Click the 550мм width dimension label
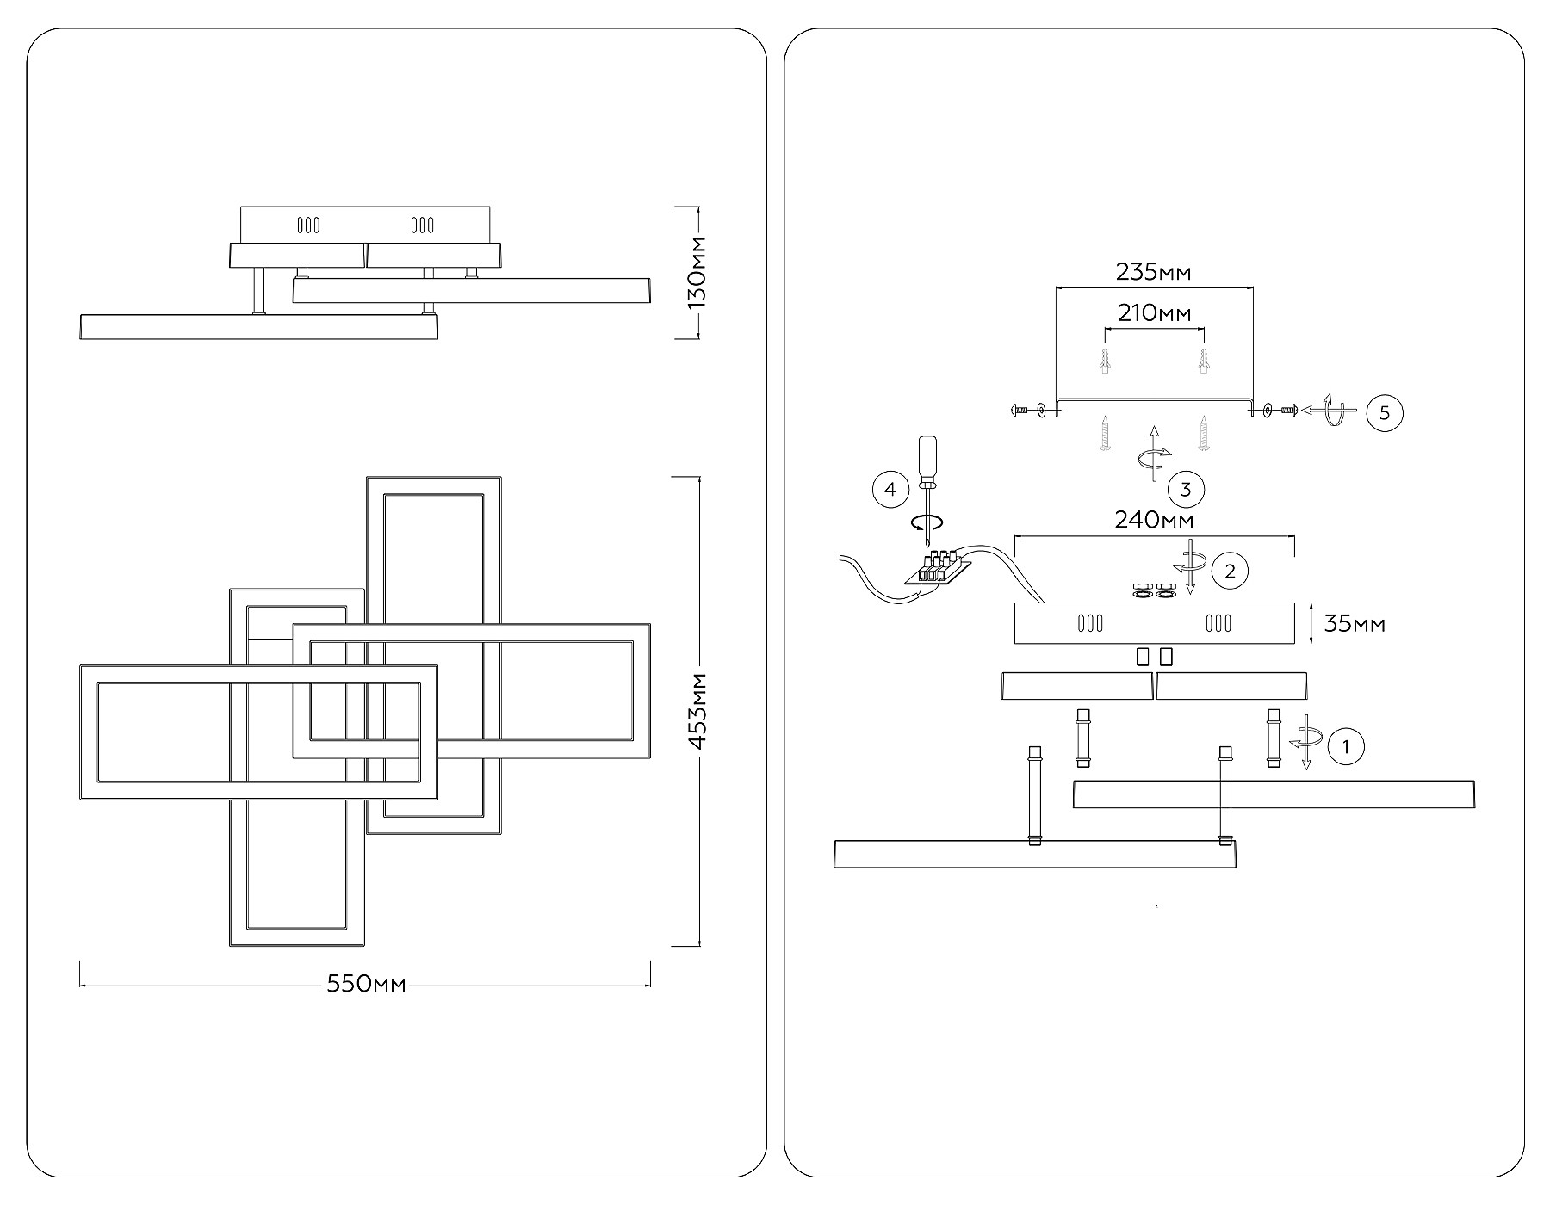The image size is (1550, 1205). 366,984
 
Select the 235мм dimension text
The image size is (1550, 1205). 1154,272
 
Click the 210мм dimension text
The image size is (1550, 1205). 1154,313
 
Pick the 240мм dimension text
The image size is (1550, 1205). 1154,520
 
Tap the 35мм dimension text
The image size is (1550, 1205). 1355,623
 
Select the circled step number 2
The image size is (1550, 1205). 1230,571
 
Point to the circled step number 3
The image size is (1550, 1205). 1186,490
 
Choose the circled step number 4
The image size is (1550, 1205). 890,490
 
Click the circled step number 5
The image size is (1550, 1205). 1385,412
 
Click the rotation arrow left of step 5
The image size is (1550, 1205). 1330,411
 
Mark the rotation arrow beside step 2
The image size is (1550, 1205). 1192,565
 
